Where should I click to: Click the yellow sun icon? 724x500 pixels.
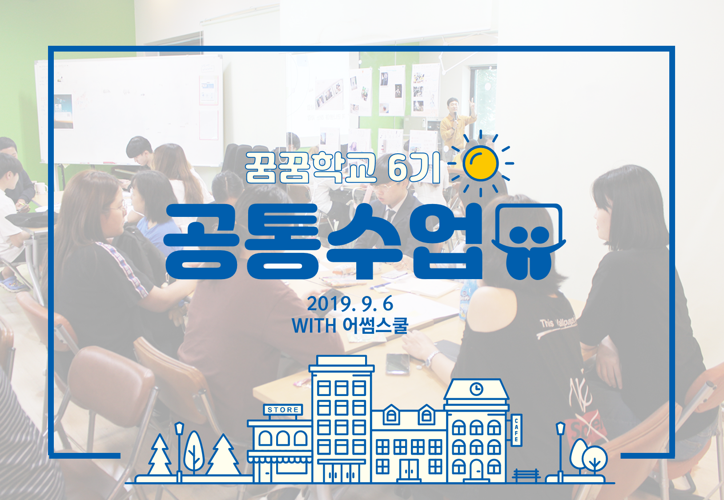(480, 164)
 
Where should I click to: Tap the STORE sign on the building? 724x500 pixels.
(283, 410)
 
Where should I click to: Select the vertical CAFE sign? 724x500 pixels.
(516, 430)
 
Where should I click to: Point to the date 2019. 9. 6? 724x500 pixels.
(350, 304)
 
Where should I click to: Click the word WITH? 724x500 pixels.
(314, 326)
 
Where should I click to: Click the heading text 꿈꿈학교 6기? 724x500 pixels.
(343, 167)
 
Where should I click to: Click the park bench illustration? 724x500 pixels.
(526, 476)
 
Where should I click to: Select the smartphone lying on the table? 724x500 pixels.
(398, 364)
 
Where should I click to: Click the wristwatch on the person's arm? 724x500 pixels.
(431, 359)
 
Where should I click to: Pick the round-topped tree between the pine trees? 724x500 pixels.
(194, 452)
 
